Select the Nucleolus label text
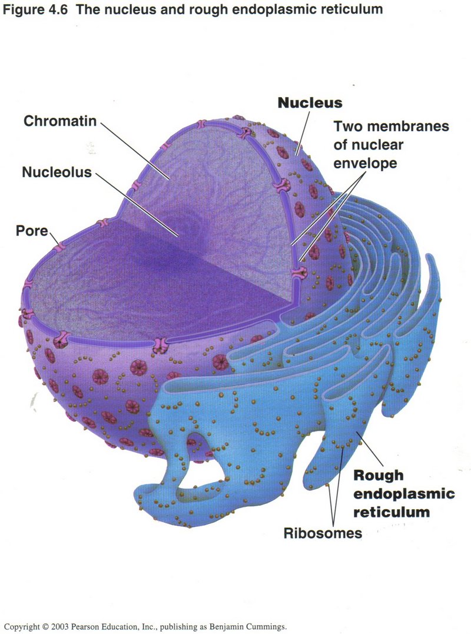(x=57, y=172)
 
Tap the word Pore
(x=31, y=230)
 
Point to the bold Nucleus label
(x=310, y=102)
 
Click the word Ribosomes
(x=322, y=534)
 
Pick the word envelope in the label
(x=366, y=163)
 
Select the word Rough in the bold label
(x=378, y=475)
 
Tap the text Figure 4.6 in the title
(x=33, y=9)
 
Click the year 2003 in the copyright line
(x=62, y=627)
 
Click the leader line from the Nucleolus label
(x=135, y=203)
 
